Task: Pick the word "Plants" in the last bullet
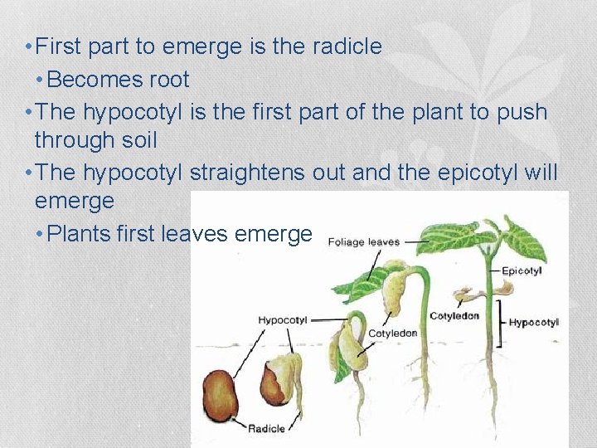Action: pos(80,234)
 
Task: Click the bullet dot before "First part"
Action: pos(29,47)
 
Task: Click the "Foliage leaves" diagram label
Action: pos(364,243)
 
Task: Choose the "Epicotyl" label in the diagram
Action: pos(523,271)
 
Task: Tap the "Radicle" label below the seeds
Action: pos(265,428)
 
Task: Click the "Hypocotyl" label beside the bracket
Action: pos(533,322)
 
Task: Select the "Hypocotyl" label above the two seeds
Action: pos(282,319)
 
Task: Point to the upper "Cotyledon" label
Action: pos(454,316)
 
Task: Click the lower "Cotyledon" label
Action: pos(392,334)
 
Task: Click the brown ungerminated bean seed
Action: pos(221,393)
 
